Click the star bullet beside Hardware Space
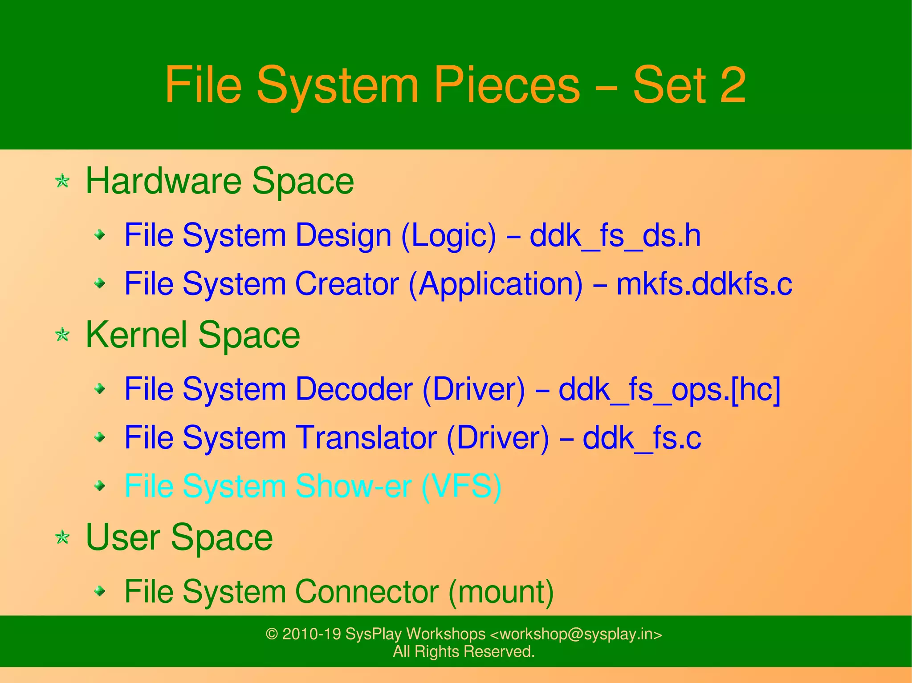[x=62, y=181]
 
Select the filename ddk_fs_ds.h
[x=615, y=235]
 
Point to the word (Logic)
[x=448, y=235]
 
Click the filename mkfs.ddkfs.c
[x=704, y=284]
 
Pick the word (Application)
[x=495, y=284]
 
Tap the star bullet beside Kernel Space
[x=62, y=335]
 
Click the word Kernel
[x=136, y=335]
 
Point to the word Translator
[x=366, y=438]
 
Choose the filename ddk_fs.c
[x=642, y=438]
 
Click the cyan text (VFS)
[x=461, y=486]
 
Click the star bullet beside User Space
[x=62, y=538]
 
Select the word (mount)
[x=501, y=592]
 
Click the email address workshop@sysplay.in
[x=576, y=634]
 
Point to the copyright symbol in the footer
[x=272, y=634]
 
